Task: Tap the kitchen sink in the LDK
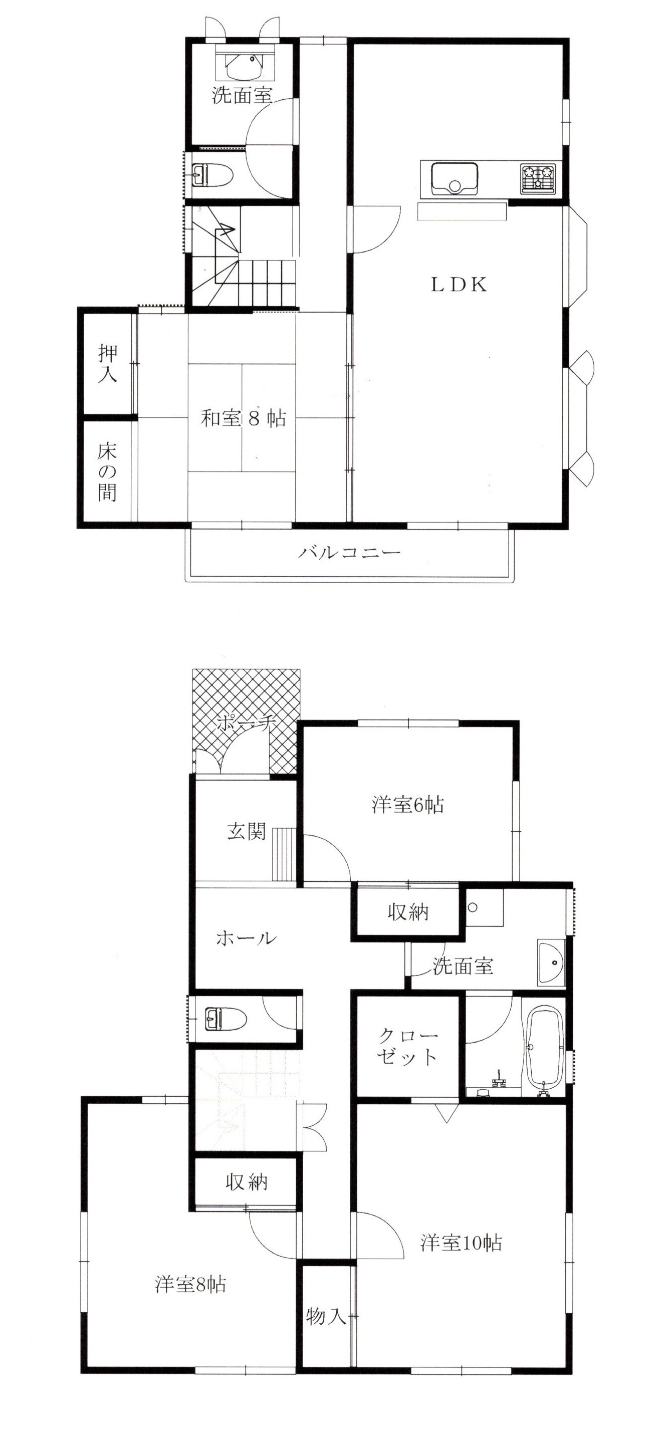tap(454, 177)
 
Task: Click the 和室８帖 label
tap(244, 418)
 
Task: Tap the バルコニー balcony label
tap(349, 552)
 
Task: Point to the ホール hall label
tap(246, 937)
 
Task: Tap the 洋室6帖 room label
tap(407, 804)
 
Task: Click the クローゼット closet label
tap(407, 1046)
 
